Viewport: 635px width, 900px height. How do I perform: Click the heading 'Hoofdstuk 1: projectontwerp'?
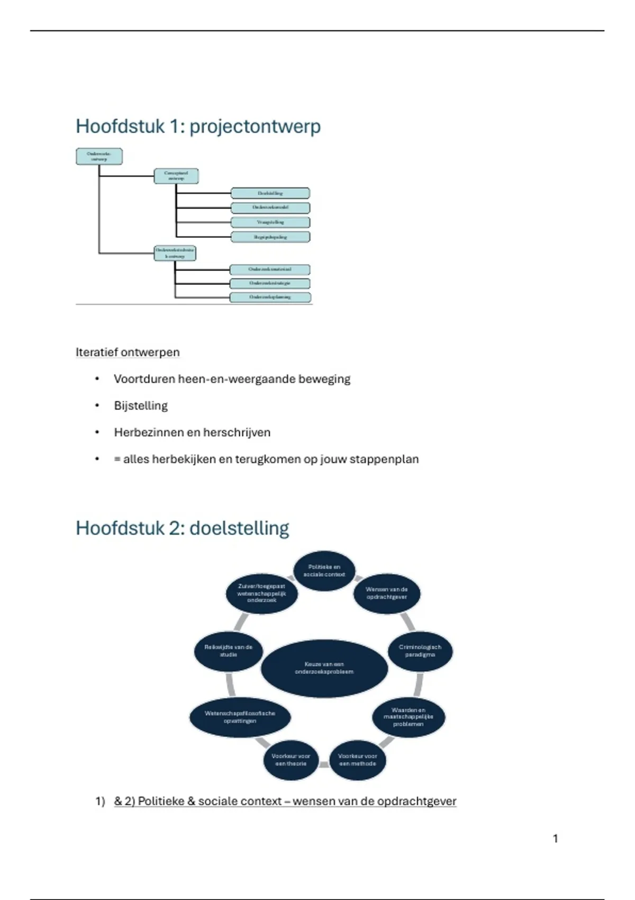point(198,127)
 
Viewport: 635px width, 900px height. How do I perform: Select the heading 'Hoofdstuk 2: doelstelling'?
point(182,528)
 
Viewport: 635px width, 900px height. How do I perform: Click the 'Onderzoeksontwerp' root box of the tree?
point(99,156)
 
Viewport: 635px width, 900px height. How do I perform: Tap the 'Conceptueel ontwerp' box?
point(176,176)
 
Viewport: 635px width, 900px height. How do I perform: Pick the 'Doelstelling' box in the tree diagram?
point(270,193)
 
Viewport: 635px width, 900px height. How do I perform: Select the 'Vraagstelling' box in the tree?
point(270,222)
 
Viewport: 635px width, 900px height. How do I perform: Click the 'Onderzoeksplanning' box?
point(270,297)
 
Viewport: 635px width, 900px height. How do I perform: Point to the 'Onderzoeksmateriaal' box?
point(270,269)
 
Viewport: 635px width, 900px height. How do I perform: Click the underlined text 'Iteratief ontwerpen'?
point(128,352)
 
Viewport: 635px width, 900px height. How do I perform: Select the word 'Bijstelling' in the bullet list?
point(141,406)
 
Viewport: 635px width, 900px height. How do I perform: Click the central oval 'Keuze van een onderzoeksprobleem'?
point(324,668)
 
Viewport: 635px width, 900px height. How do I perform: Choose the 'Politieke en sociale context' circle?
point(324,570)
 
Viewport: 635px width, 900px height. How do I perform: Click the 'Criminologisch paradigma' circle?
point(420,651)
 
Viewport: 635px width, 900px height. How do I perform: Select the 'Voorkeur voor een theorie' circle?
point(291,760)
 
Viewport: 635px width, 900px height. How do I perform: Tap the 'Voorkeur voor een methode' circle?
point(357,760)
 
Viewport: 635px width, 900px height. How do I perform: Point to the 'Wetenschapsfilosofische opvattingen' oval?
point(240,717)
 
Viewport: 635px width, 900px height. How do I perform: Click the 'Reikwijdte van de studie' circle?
point(228,651)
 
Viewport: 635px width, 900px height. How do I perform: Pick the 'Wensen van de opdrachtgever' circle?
point(387,593)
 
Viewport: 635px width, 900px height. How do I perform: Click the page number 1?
point(555,839)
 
